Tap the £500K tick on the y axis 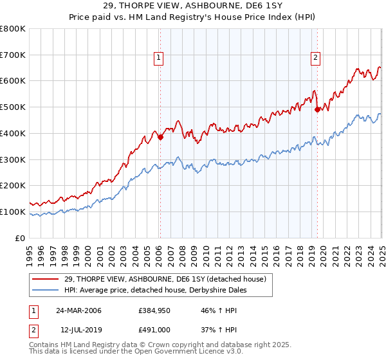(x=15, y=107)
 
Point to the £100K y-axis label (x=15, y=212)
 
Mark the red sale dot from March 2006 (x=161, y=136)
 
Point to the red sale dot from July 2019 (x=317, y=109)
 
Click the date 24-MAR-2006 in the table (x=78, y=310)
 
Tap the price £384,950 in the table (x=153, y=310)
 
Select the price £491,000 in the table (x=153, y=330)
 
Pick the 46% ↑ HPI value (x=214, y=310)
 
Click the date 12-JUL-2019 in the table (x=78, y=330)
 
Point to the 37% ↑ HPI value (x=214, y=330)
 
